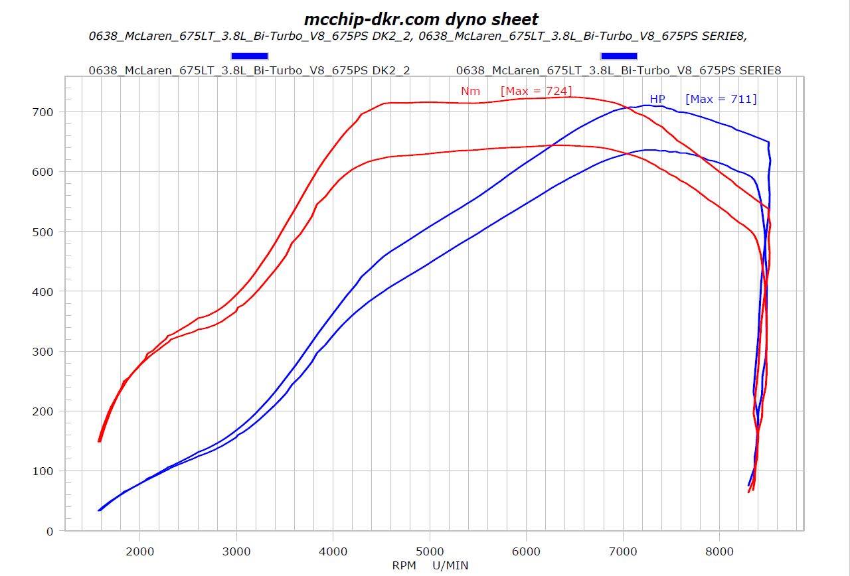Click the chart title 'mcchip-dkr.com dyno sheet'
[421, 19]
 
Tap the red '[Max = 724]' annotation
[536, 91]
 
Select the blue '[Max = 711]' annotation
[721, 99]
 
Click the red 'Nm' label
[470, 92]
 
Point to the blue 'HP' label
[657, 99]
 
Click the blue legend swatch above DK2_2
[250, 56]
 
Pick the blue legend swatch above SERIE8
[618, 56]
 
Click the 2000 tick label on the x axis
[140, 551]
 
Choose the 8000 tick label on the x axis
[719, 551]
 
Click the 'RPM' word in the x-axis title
[404, 565]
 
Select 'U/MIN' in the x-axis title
[450, 565]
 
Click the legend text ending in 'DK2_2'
[249, 70]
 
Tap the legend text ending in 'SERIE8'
[618, 70]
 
